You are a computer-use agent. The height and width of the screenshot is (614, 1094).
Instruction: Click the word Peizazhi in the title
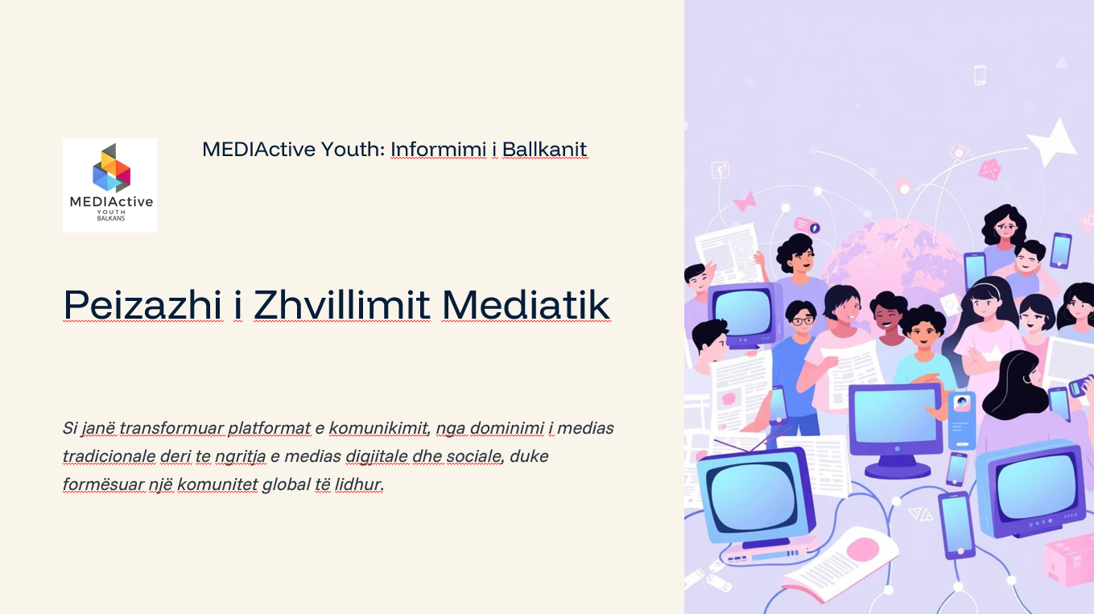pyautogui.click(x=143, y=305)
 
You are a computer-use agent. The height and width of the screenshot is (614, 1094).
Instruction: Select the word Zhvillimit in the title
pyautogui.click(x=341, y=305)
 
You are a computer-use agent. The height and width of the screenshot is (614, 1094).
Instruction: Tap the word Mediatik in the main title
pyautogui.click(x=526, y=305)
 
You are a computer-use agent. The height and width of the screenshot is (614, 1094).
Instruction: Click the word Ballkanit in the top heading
pyautogui.click(x=544, y=150)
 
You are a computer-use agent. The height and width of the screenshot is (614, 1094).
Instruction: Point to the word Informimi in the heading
pyautogui.click(x=438, y=150)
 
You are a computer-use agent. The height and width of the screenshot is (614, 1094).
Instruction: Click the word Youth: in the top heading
pyautogui.click(x=353, y=150)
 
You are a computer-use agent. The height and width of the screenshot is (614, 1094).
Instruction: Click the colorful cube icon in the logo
pyautogui.click(x=111, y=168)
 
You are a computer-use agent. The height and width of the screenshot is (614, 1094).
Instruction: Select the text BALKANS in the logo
pyautogui.click(x=111, y=218)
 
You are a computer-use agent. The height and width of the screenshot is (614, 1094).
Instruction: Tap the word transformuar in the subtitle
pyautogui.click(x=171, y=428)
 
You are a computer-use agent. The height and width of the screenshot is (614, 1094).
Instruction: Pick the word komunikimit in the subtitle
pyautogui.click(x=379, y=428)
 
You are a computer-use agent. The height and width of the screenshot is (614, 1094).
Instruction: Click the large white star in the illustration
pyautogui.click(x=1052, y=142)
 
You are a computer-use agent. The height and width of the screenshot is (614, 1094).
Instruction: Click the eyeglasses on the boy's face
pyautogui.click(x=803, y=321)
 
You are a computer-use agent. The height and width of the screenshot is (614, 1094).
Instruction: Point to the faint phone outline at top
pyautogui.click(x=979, y=75)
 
